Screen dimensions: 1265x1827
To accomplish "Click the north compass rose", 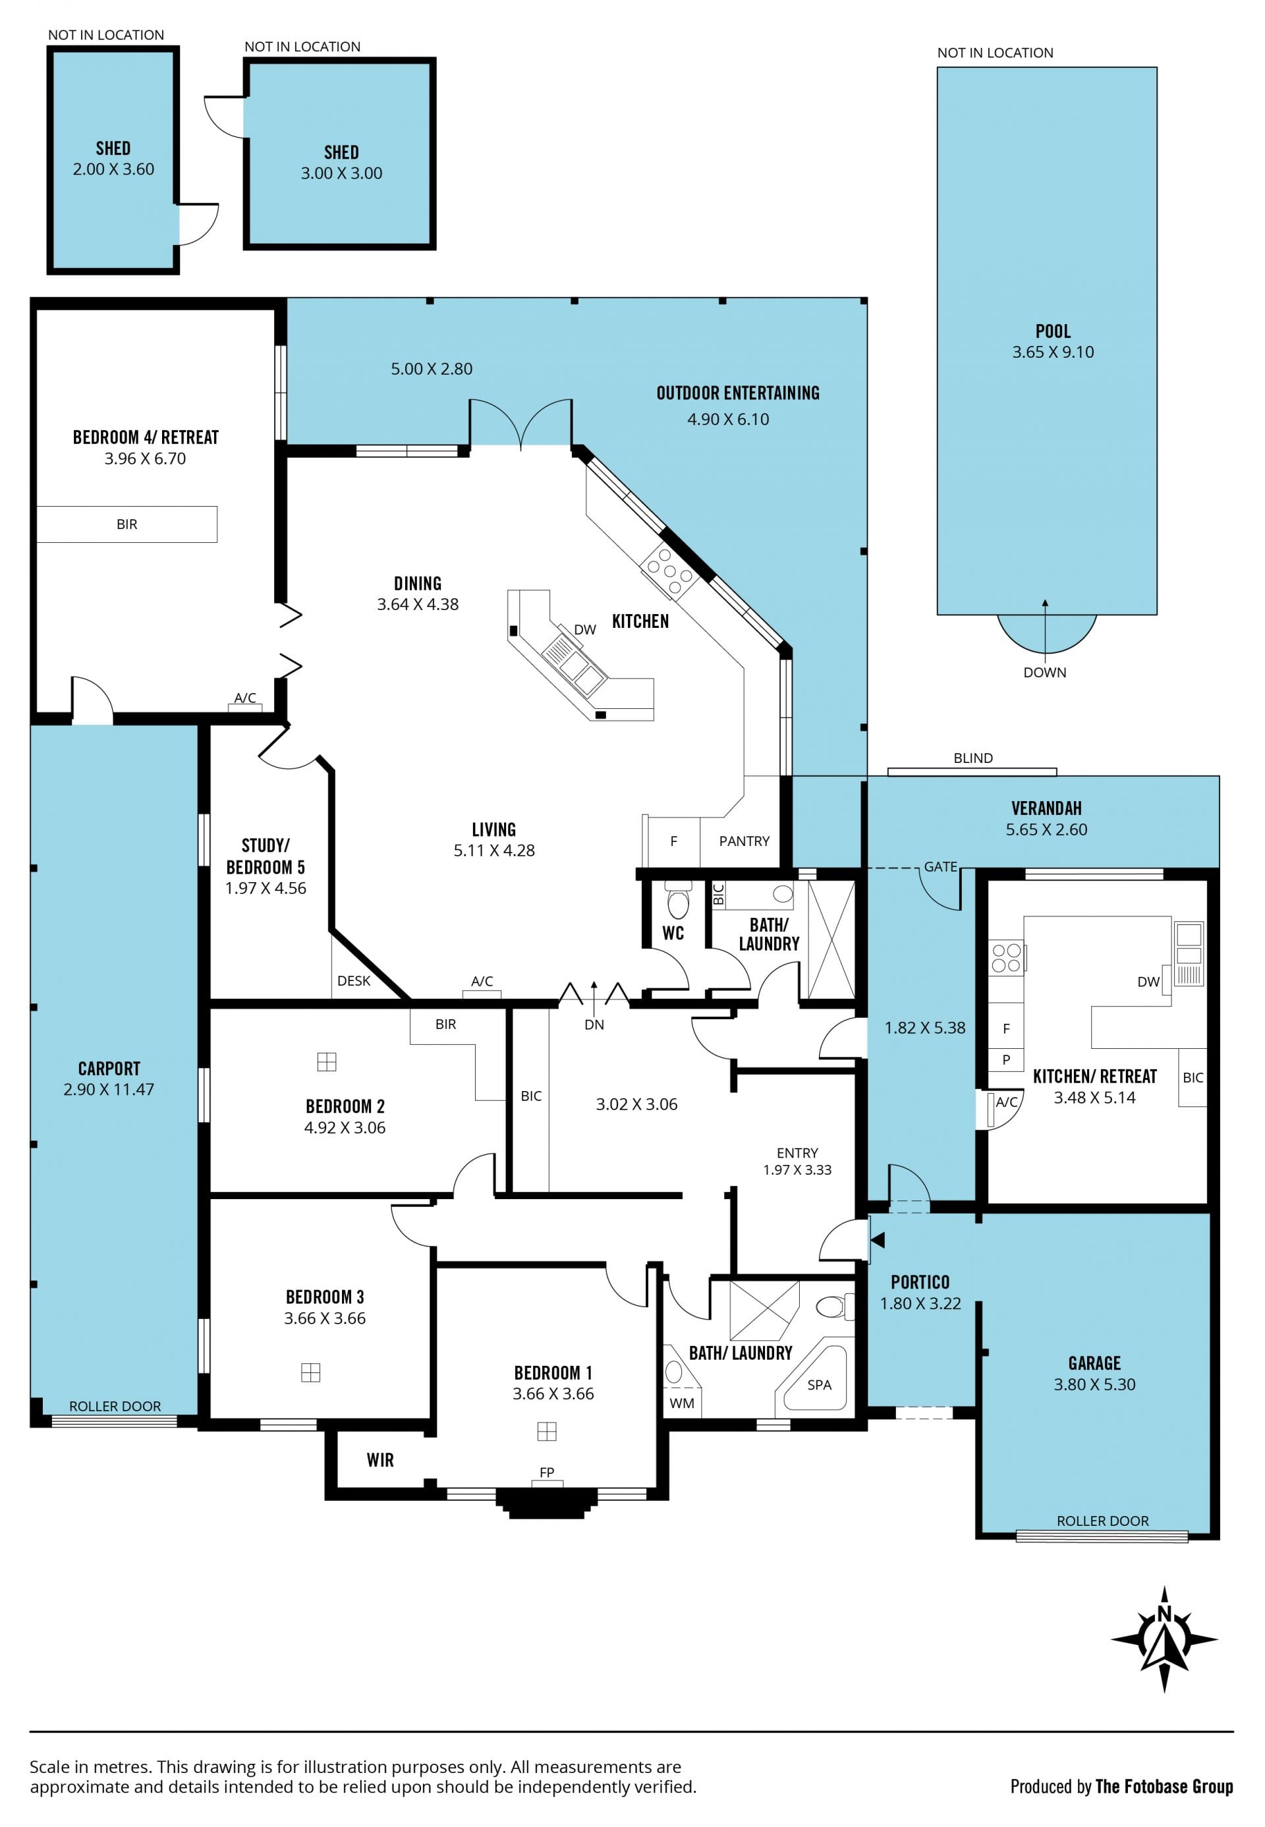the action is (x=1164, y=1639).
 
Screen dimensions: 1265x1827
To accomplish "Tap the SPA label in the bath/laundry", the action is (x=820, y=1385).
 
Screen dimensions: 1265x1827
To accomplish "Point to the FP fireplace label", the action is (x=547, y=1472).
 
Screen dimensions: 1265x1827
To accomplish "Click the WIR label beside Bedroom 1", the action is (x=380, y=1460).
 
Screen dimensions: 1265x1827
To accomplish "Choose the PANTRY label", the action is (x=745, y=841).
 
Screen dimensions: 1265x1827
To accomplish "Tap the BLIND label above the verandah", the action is (x=973, y=758).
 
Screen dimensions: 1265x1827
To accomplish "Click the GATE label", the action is (x=941, y=866).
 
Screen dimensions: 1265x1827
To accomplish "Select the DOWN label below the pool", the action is (x=1045, y=672).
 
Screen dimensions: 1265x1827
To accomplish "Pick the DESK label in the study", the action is (x=354, y=980).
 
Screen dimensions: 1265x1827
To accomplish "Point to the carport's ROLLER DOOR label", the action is (x=115, y=1406).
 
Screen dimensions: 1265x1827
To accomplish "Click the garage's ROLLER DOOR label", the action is (x=1102, y=1521).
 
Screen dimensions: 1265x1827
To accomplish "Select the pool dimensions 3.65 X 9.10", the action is (x=1053, y=352).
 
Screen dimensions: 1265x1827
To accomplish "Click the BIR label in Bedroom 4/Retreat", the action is (x=126, y=524).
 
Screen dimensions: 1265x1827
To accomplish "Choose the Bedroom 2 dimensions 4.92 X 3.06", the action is (x=345, y=1127).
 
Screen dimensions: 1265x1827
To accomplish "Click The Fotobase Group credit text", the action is (x=1164, y=1787).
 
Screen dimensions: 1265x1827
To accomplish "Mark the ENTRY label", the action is (x=797, y=1152).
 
